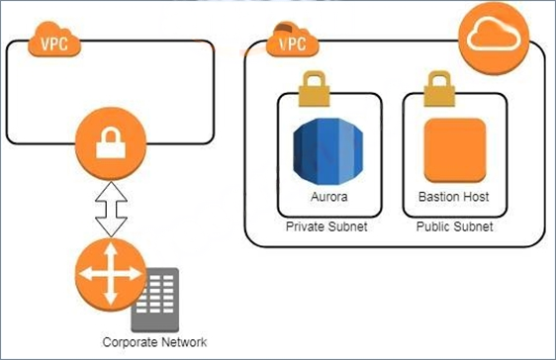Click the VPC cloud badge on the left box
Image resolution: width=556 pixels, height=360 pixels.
click(x=54, y=40)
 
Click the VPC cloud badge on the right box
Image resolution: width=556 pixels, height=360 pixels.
click(x=293, y=40)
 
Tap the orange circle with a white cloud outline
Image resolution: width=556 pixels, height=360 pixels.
click(x=494, y=38)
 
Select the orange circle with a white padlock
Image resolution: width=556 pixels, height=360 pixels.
click(x=111, y=143)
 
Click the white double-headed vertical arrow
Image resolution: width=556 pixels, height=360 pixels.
click(x=111, y=210)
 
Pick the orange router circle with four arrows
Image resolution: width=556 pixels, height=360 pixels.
click(x=111, y=275)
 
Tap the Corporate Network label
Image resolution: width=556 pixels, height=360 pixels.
click(x=154, y=342)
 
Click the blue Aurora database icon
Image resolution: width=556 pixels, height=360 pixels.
click(x=328, y=151)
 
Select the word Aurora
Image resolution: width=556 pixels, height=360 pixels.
click(x=329, y=197)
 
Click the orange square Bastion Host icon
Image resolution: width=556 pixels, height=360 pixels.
click(x=455, y=150)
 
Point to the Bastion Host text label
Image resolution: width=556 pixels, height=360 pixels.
click(x=454, y=197)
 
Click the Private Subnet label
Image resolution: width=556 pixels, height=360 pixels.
click(x=326, y=226)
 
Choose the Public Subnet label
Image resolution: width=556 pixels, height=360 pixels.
click(x=454, y=226)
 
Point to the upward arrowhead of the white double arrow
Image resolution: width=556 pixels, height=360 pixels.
click(x=111, y=192)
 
